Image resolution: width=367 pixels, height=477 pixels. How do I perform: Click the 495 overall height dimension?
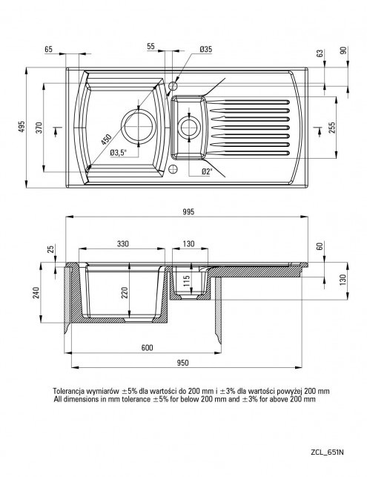[22, 127]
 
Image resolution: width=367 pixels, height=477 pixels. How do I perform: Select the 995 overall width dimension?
[188, 211]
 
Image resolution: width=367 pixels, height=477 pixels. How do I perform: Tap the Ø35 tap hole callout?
[206, 49]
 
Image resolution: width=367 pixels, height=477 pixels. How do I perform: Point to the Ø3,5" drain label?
[118, 153]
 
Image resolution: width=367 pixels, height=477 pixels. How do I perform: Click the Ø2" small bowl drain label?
[207, 172]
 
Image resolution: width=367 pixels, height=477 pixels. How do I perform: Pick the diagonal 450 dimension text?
[106, 139]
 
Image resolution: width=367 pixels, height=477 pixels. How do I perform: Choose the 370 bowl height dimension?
[39, 128]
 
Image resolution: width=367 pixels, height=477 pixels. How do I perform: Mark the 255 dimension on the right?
[331, 127]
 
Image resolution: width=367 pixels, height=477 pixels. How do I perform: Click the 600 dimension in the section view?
[147, 347]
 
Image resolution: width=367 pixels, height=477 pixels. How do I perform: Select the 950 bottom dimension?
[182, 363]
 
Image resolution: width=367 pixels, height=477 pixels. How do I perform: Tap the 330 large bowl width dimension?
[123, 243]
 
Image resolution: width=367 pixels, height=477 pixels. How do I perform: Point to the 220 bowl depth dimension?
[125, 292]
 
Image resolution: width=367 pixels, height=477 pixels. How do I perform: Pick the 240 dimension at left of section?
[36, 292]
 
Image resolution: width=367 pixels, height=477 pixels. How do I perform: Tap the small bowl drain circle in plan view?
[189, 127]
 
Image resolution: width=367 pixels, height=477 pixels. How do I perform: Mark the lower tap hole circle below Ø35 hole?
[173, 169]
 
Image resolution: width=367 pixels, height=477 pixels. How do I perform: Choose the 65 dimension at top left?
[49, 49]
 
